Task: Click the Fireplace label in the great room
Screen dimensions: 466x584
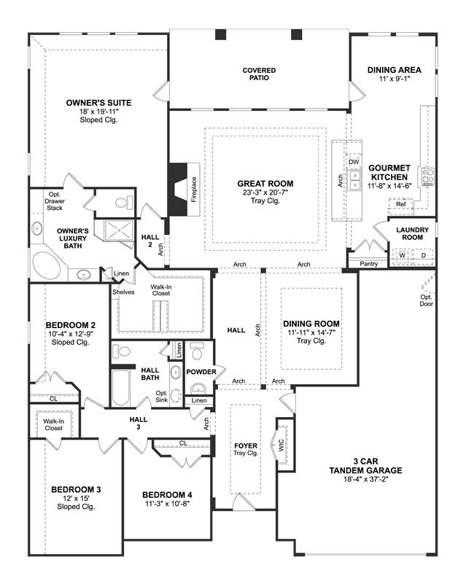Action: point(194,190)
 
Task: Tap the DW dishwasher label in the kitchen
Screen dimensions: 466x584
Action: point(354,162)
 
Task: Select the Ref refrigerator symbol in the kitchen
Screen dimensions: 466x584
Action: point(401,204)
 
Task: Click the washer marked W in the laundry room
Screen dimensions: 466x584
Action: point(402,256)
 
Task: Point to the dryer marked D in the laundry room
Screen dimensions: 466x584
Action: point(423,255)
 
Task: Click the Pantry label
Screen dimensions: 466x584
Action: point(369,264)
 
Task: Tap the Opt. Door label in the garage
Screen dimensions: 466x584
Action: point(427,300)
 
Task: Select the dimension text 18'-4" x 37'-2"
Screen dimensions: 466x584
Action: point(366,479)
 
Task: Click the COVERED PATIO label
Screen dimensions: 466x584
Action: point(259,74)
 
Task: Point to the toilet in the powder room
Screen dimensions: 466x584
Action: point(195,351)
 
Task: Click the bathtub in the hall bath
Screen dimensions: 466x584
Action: point(120,388)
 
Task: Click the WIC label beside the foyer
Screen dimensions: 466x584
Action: point(281,444)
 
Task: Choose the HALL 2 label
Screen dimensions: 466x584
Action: point(150,241)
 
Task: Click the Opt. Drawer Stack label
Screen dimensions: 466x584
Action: point(55,201)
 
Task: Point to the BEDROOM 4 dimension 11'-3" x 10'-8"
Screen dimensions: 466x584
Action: point(167,504)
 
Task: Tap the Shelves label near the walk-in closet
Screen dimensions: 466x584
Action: point(123,292)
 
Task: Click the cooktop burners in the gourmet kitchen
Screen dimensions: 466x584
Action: point(427,177)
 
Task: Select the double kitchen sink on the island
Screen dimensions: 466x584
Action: point(355,179)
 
